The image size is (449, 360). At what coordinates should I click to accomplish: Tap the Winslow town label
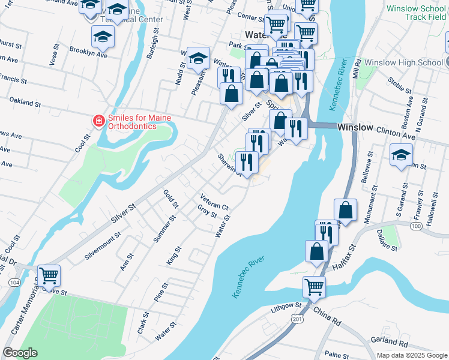coord(355,128)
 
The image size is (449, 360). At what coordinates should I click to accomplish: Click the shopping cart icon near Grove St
coord(49,275)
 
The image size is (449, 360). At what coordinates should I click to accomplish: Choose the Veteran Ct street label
coord(214,202)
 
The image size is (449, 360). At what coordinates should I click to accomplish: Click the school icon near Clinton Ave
coord(401,156)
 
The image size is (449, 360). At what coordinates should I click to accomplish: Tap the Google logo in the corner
coord(20,353)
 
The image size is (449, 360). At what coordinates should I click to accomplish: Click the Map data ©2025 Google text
coord(412,355)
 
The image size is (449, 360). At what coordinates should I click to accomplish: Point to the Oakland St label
coord(25,103)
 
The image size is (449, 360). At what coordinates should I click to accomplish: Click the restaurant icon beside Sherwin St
coord(247,161)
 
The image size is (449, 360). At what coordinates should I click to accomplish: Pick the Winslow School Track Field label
coord(416,13)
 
